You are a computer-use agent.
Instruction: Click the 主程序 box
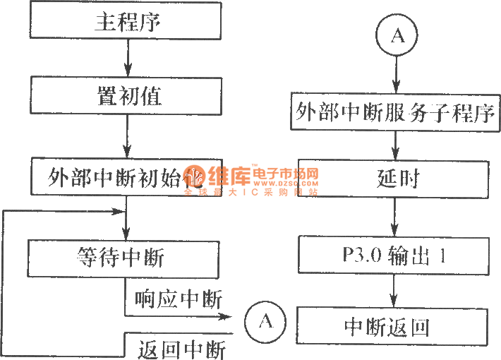point(127,22)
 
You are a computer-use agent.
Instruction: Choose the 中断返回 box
point(394,327)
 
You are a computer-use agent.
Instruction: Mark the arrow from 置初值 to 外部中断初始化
point(127,137)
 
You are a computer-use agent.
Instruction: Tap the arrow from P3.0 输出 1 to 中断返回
point(394,291)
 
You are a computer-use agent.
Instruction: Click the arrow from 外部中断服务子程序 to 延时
point(395,145)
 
